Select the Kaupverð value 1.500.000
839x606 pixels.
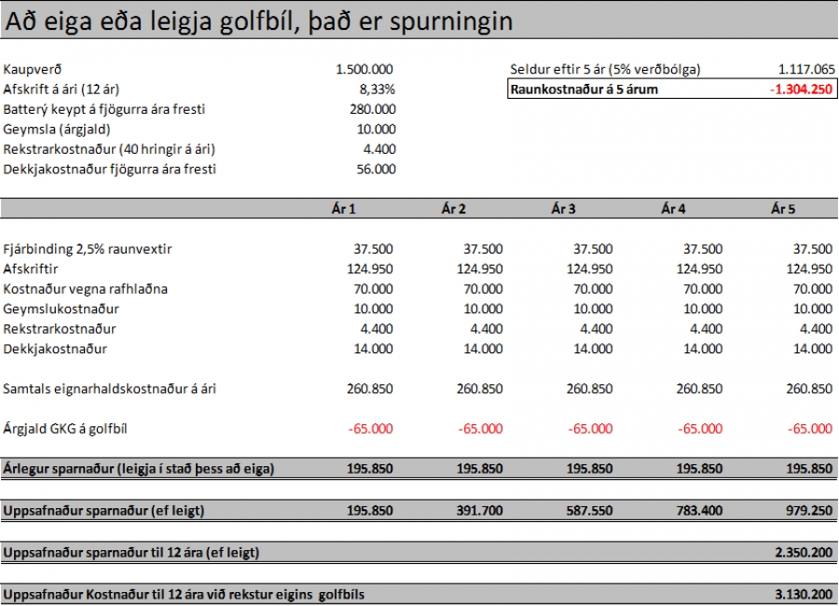(364, 70)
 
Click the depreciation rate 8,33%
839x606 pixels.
(378, 90)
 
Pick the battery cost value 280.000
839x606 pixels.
(371, 109)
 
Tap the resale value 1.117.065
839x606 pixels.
(805, 70)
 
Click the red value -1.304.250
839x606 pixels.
(802, 90)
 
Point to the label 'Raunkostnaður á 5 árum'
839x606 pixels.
(585, 90)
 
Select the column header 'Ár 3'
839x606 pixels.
(562, 209)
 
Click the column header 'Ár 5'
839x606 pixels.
(783, 209)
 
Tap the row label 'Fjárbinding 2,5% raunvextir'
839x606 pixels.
(89, 249)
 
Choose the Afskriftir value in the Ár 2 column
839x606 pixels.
(480, 269)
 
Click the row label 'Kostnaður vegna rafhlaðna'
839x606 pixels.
(86, 289)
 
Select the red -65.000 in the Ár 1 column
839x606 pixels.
(370, 429)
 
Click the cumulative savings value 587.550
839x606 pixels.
(590, 511)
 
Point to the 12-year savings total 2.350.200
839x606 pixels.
(803, 553)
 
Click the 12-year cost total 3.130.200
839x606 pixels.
(803, 594)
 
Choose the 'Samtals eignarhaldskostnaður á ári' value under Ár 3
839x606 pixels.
(590, 389)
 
